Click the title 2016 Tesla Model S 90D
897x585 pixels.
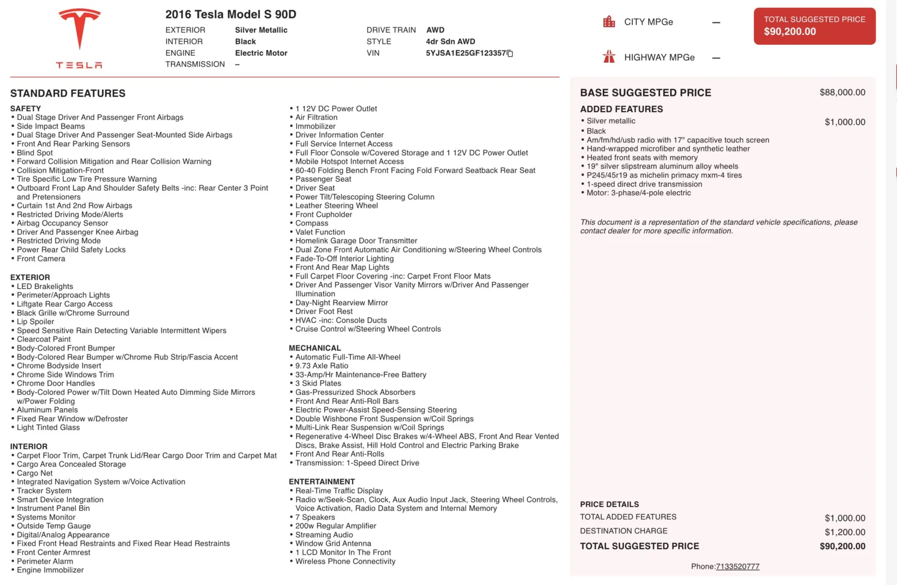pyautogui.click(x=230, y=15)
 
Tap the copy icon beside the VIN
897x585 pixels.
pyautogui.click(x=510, y=53)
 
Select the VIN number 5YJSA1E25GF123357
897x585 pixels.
pyautogui.click(x=465, y=53)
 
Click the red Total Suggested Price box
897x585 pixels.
pyautogui.click(x=814, y=26)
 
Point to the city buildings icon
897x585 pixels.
pyautogui.click(x=609, y=22)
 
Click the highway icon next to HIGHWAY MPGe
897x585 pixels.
pyautogui.click(x=609, y=57)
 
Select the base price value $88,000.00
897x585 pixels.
pyautogui.click(x=842, y=93)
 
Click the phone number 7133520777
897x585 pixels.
pyautogui.click(x=737, y=566)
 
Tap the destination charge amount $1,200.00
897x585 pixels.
pyautogui.click(x=844, y=532)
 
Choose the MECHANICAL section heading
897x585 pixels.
pyautogui.click(x=315, y=348)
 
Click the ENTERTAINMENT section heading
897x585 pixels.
pyautogui.click(x=321, y=481)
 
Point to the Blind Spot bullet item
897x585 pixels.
pyautogui.click(x=35, y=153)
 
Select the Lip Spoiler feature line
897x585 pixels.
pyautogui.click(x=35, y=321)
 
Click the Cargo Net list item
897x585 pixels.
pyautogui.click(x=35, y=473)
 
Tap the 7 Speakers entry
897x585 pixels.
pyautogui.click(x=315, y=517)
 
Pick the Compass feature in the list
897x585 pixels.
pyautogui.click(x=312, y=223)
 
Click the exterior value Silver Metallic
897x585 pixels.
pyautogui.click(x=261, y=30)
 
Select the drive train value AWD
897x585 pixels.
pyautogui.click(x=435, y=30)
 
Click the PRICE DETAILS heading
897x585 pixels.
pyautogui.click(x=609, y=504)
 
